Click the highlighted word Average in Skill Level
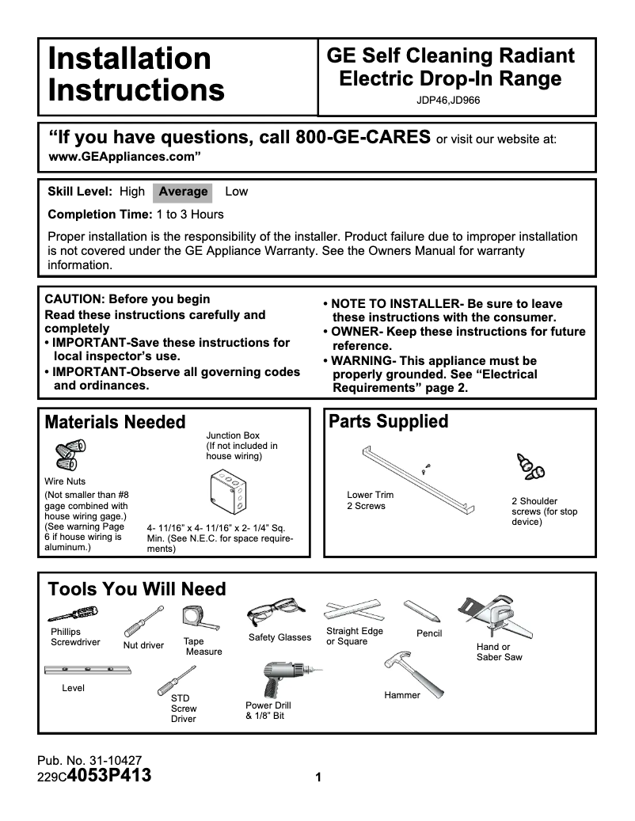pyautogui.click(x=183, y=192)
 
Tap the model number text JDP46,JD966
pyautogui.click(x=448, y=101)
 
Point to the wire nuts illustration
pyautogui.click(x=70, y=455)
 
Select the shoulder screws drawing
pyautogui.click(x=530, y=469)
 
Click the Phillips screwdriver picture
pyautogui.click(x=73, y=614)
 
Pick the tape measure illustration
pyautogui.click(x=194, y=619)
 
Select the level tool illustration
pyautogui.click(x=87, y=671)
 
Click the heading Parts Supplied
pyautogui.click(x=388, y=421)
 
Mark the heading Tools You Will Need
pyautogui.click(x=137, y=589)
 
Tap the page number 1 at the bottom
pyautogui.click(x=317, y=777)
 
